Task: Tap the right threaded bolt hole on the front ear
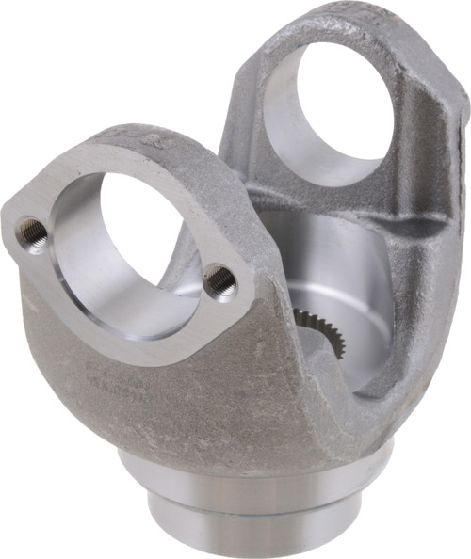[220, 279]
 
